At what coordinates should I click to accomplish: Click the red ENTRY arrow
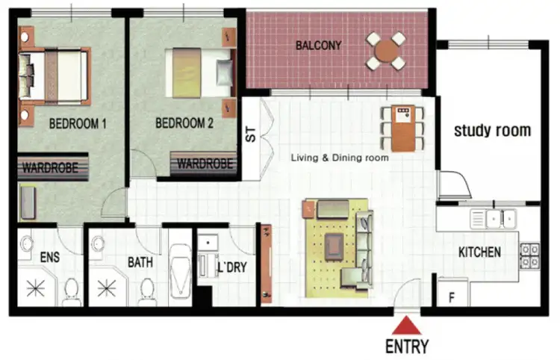[x=407, y=326]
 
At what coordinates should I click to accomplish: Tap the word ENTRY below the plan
[x=407, y=347]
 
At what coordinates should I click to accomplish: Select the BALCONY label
[x=318, y=46]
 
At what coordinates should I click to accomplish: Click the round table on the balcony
[x=386, y=50]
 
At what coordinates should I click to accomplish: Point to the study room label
[x=493, y=131]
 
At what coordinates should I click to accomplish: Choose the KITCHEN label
[x=479, y=252]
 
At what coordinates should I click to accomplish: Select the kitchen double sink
[x=493, y=219]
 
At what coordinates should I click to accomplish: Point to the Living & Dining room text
[x=340, y=158]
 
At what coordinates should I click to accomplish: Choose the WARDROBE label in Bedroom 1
[x=50, y=167]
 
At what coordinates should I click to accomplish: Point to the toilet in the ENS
[x=72, y=289]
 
